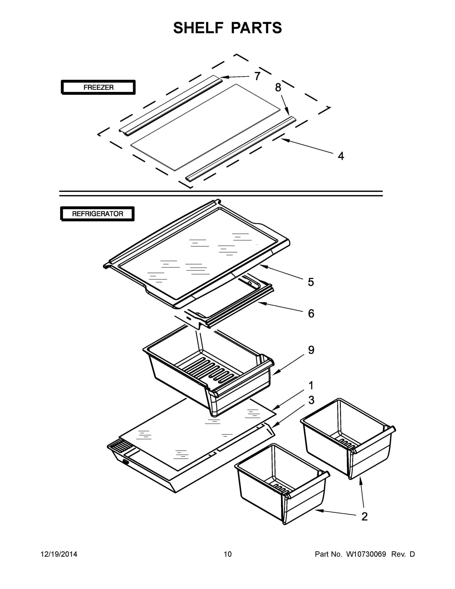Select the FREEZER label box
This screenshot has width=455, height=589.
[98, 87]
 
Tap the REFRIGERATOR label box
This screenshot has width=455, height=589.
[97, 214]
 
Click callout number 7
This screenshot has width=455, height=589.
[257, 76]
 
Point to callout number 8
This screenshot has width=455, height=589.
[278, 87]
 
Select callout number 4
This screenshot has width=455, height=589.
[341, 156]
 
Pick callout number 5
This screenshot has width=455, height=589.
[311, 282]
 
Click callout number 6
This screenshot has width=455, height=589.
[311, 313]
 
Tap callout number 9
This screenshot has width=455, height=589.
[311, 350]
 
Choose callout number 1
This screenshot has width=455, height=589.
[311, 385]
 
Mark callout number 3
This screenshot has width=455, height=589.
[311, 400]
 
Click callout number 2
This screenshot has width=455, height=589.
[364, 516]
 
